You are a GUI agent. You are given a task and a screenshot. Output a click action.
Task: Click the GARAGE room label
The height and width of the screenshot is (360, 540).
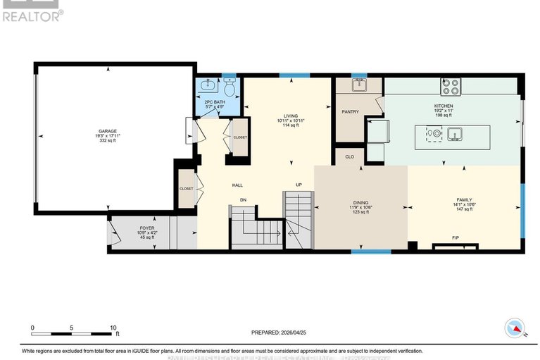[x=106, y=131]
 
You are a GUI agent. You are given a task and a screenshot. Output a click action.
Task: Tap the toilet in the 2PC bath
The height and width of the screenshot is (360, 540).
[x=229, y=89]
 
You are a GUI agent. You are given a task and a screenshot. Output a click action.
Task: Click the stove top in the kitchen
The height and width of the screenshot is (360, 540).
[x=450, y=87]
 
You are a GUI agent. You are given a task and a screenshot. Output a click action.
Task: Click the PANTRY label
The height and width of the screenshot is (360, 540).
[x=350, y=111]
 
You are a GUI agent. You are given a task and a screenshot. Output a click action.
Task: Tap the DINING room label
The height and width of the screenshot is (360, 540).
[x=360, y=202]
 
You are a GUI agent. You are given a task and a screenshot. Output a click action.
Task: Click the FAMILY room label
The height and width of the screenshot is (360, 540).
[x=464, y=200]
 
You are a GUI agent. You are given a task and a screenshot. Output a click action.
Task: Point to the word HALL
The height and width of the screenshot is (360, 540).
[x=238, y=185]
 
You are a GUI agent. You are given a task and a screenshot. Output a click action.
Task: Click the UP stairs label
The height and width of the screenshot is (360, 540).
[x=299, y=185]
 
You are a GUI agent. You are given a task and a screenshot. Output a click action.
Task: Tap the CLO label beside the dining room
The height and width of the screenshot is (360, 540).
[x=349, y=157]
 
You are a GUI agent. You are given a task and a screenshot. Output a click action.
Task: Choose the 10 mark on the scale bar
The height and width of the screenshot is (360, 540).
[x=113, y=328]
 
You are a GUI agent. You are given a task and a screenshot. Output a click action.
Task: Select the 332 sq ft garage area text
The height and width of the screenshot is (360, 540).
[x=106, y=141]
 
